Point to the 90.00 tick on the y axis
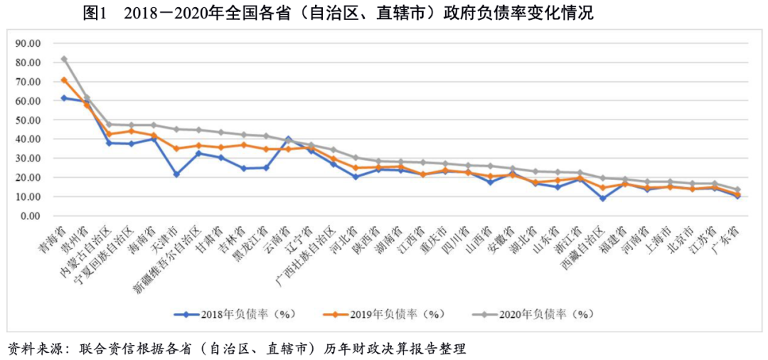pos(29,43)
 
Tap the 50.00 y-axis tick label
pos(29,120)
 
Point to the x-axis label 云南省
pos(277,238)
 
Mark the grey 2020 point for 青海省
pos(64,59)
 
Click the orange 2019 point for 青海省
pos(64,80)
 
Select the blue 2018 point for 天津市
pos(176,174)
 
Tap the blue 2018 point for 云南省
pos(288,138)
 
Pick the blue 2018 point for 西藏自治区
pos(602,198)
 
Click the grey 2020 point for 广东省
pos(737,190)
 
